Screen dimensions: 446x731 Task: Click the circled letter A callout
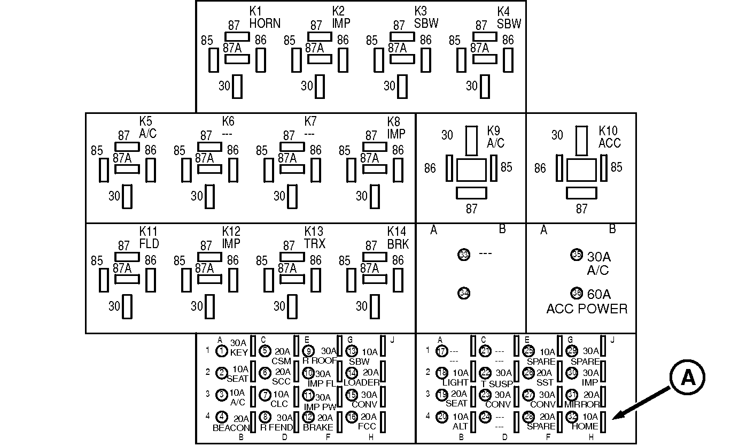[688, 378]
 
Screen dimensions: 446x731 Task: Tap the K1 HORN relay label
[265, 18]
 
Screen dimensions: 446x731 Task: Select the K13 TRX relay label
[314, 237]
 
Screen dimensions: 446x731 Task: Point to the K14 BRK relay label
[397, 237]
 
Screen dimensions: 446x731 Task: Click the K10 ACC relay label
[609, 137]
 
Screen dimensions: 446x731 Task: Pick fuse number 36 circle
[577, 293]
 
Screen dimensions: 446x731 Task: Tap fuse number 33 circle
[464, 255]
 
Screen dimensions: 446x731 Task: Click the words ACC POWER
[587, 309]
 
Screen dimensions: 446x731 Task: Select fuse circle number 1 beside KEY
[222, 351]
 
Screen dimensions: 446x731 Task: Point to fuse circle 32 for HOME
[572, 417]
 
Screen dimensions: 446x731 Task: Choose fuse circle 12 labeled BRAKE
[308, 417]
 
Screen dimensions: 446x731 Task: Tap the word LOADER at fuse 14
[361, 382]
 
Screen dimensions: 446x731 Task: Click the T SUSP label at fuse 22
[497, 383]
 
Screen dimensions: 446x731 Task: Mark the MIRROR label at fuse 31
[582, 404]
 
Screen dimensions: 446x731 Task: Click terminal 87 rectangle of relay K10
[581, 193]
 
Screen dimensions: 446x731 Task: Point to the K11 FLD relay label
[149, 237]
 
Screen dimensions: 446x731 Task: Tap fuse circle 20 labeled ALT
[441, 417]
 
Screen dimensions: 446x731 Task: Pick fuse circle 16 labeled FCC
[352, 417]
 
